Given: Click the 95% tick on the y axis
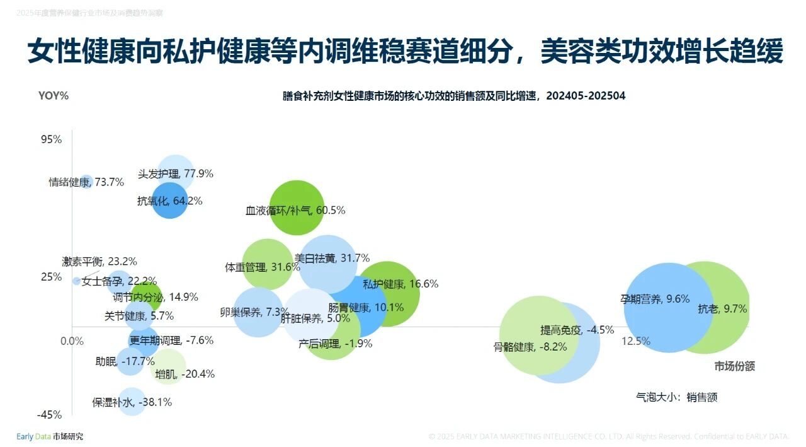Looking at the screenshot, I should click(52, 139).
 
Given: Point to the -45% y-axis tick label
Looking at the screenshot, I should click(49, 414).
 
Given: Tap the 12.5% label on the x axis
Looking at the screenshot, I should click(635, 341).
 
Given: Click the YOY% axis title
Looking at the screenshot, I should click(54, 96).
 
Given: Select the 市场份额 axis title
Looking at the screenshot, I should click(734, 366).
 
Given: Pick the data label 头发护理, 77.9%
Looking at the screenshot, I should click(176, 173).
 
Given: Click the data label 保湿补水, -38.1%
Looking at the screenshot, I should click(132, 402).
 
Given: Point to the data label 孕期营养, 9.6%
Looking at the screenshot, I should click(655, 299).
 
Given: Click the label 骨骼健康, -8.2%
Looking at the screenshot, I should click(530, 346).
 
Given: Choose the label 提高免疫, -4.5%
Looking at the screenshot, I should click(577, 330).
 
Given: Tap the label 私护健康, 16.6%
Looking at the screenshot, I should click(400, 284).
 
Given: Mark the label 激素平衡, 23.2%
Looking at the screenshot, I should click(99, 261).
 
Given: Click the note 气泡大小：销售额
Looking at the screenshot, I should click(677, 397).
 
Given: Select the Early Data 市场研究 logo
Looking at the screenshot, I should click(49, 436).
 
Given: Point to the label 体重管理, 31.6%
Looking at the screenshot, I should click(263, 267).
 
